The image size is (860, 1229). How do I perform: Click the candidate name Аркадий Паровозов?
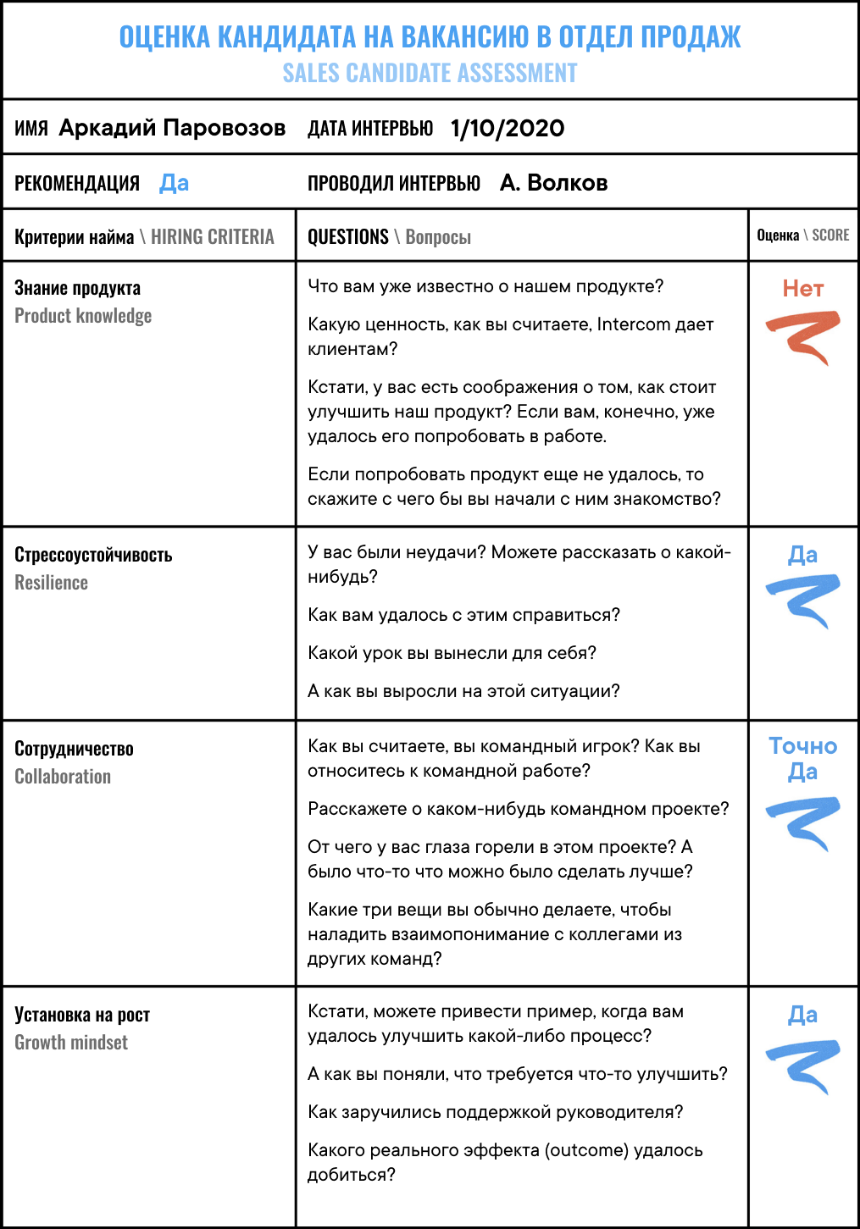coord(172,128)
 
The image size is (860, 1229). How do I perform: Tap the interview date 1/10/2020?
coord(508,129)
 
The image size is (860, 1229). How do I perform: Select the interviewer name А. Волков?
coord(553,183)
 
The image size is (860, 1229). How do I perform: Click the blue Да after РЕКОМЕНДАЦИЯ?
coord(174,183)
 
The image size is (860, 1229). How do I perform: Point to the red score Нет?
coord(802,289)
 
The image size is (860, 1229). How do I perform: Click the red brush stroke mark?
coord(803,335)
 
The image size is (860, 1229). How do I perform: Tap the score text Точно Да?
coord(802,759)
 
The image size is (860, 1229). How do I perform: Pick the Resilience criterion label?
coord(52,583)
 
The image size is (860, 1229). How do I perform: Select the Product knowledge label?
coord(83,316)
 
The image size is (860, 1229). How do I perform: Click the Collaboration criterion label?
coord(63,777)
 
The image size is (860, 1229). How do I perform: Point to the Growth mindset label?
coord(71,1043)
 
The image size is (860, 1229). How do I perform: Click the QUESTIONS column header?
coord(347,237)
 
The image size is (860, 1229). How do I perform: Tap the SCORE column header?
coord(829,235)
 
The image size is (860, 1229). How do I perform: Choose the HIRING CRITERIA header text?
coord(212,237)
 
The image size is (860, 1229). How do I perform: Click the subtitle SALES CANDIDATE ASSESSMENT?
coord(430,74)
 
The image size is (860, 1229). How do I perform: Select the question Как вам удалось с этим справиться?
coord(463,615)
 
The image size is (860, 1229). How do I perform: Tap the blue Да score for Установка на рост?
coord(802,1015)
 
